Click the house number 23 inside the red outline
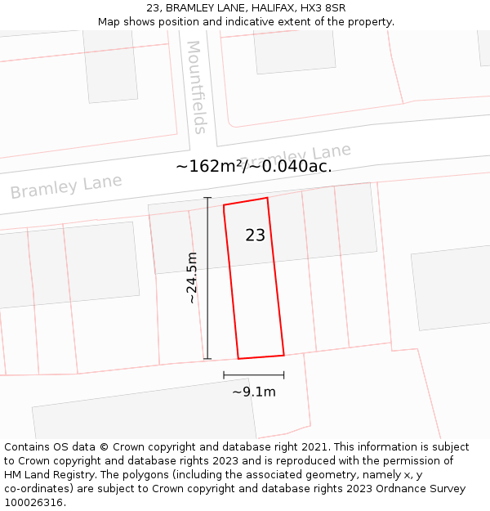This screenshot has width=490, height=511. pyautogui.click(x=255, y=235)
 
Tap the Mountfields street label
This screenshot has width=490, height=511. pyautogui.click(x=197, y=87)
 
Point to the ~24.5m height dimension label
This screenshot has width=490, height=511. pyautogui.click(x=192, y=278)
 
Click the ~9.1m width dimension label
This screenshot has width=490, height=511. pyautogui.click(x=253, y=392)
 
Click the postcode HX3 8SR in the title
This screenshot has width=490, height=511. pyautogui.click(x=323, y=7)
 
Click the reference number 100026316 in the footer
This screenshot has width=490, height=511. pyautogui.click(x=33, y=503)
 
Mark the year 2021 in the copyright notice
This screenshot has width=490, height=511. pyautogui.click(x=314, y=447)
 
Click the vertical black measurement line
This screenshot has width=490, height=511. pyautogui.click(x=207, y=278)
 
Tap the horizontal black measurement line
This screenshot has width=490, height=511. pyautogui.click(x=253, y=375)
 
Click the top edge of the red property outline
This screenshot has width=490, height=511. pyautogui.click(x=246, y=201)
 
